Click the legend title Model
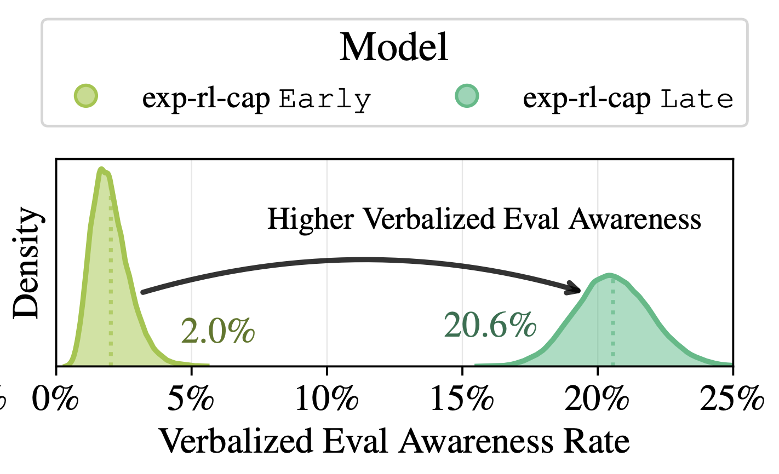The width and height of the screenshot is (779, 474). tap(394, 47)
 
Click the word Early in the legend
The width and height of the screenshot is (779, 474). tap(325, 99)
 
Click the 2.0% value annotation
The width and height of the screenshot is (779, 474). tap(217, 331)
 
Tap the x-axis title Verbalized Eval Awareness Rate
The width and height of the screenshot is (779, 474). tap(394, 441)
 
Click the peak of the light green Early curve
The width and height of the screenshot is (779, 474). tap(101, 170)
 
